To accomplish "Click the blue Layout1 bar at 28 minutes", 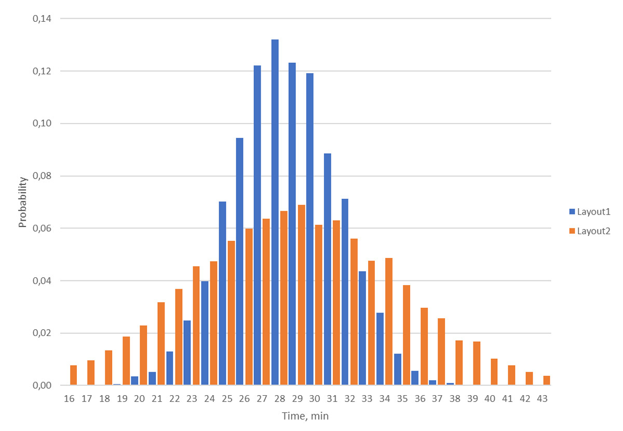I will (x=275, y=212).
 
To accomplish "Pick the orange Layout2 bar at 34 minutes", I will (x=389, y=321).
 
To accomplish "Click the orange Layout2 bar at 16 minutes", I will (x=74, y=375).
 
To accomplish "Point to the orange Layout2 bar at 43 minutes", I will (x=547, y=380).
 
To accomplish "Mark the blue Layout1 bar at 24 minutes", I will (x=205, y=333).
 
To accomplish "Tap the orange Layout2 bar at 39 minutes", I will (x=477, y=363).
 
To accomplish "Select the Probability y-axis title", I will (x=23, y=202).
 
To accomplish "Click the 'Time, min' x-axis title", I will (x=305, y=416).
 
